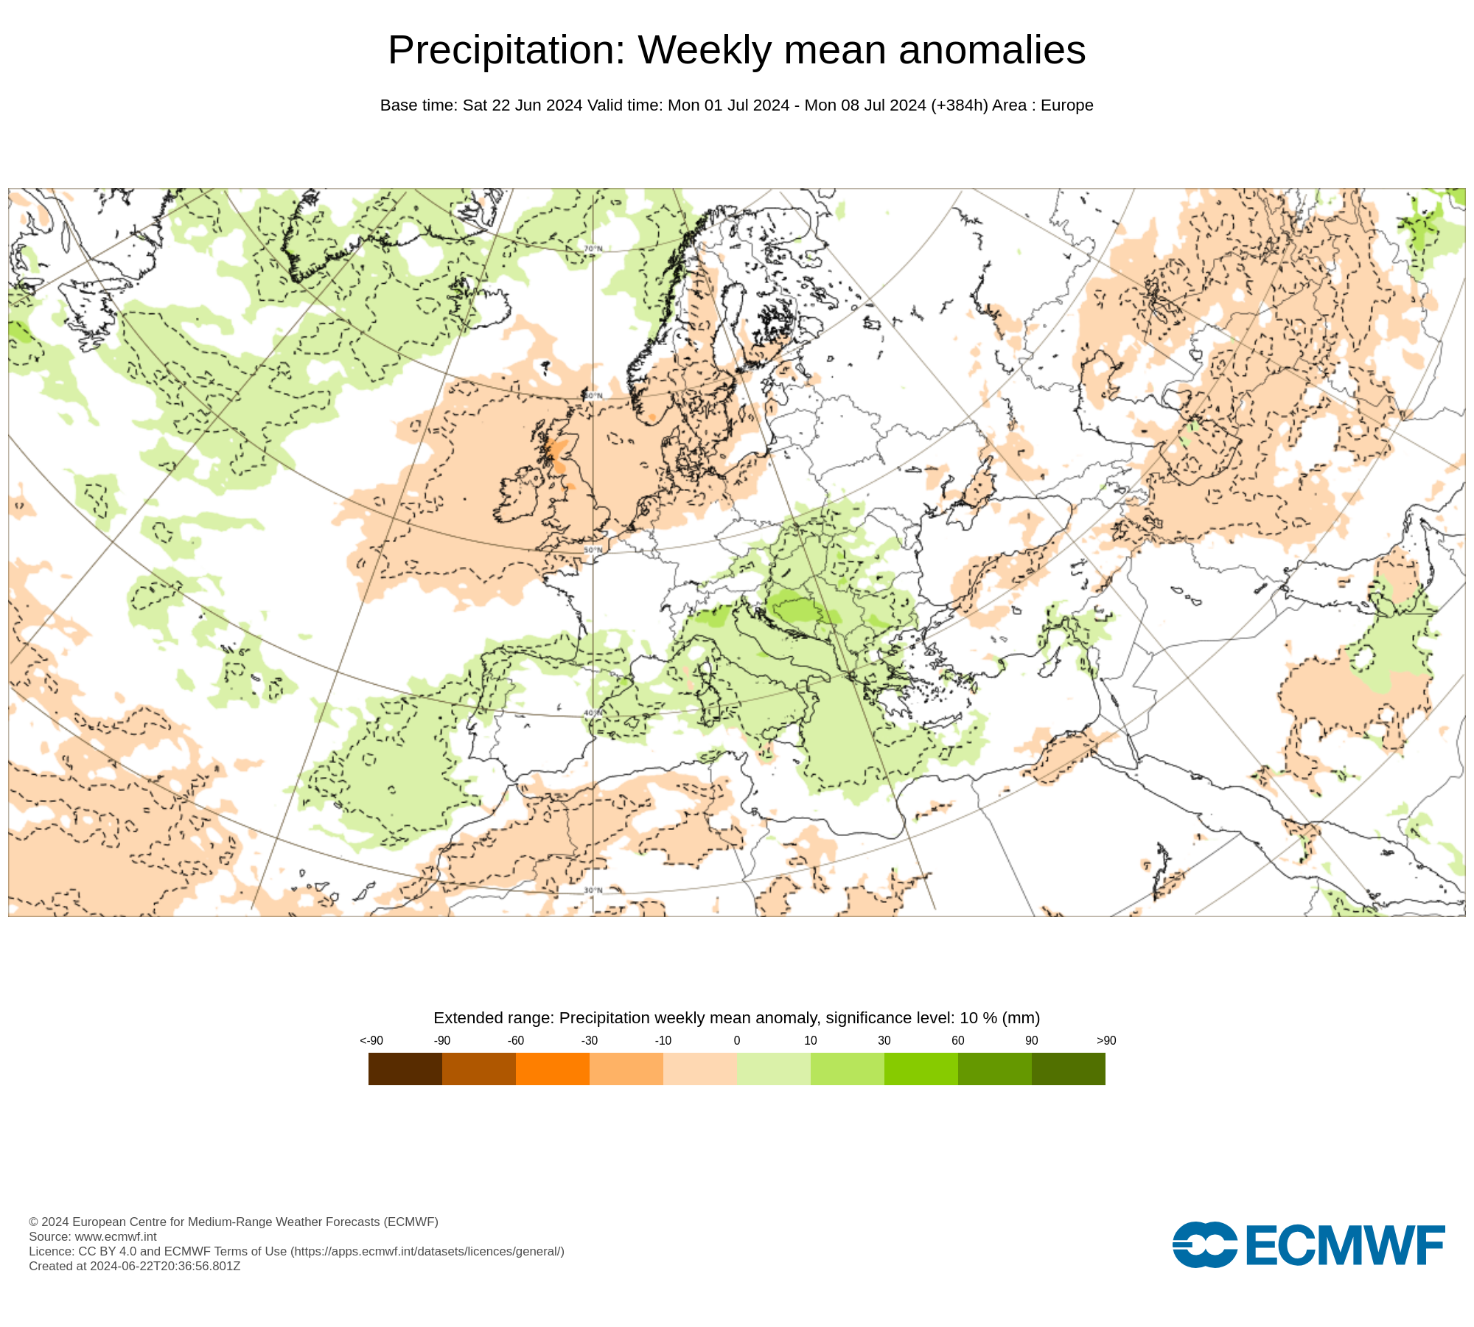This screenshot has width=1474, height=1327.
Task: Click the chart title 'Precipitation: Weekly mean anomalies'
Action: click(x=736, y=50)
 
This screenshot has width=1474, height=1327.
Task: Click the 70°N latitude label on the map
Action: click(x=593, y=249)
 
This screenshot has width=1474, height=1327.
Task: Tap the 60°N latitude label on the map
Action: click(x=593, y=396)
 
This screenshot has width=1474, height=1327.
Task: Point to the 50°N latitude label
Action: click(x=593, y=550)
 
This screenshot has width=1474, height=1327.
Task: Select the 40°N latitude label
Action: click(x=593, y=713)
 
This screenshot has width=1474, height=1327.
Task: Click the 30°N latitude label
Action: click(x=593, y=890)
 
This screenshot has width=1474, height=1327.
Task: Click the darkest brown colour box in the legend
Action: click(x=405, y=1068)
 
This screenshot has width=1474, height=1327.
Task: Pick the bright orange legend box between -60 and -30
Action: click(x=552, y=1068)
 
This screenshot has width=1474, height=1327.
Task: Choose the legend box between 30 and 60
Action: click(x=921, y=1068)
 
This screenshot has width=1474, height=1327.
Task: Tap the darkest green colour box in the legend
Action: click(x=1068, y=1068)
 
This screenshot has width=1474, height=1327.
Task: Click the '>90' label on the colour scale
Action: click(x=1105, y=1040)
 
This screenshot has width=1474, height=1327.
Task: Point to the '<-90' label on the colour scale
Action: click(x=371, y=1040)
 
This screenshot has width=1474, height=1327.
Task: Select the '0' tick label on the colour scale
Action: click(x=736, y=1040)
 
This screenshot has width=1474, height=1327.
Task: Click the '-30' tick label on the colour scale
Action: click(x=589, y=1040)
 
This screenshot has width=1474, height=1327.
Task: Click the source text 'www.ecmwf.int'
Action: click(x=116, y=1236)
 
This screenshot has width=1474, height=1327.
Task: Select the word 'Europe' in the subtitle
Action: click(x=1066, y=105)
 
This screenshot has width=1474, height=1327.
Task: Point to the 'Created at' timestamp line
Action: click(x=134, y=1266)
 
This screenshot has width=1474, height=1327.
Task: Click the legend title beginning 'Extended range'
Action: click(x=736, y=1017)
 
